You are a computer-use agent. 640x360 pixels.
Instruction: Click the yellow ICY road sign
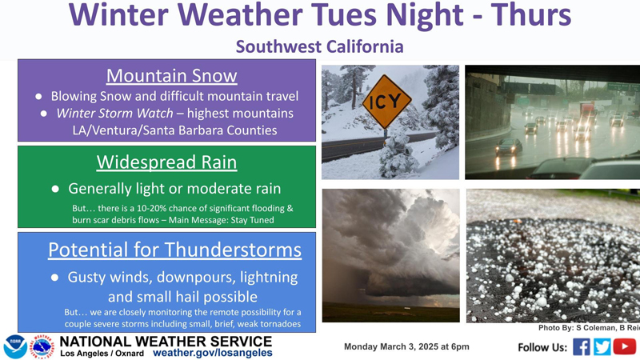point(386,102)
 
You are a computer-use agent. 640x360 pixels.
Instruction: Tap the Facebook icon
point(582,347)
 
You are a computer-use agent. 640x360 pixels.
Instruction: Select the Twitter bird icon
point(602,347)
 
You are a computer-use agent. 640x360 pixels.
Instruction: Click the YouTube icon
point(625,346)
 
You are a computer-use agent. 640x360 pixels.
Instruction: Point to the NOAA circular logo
point(15,347)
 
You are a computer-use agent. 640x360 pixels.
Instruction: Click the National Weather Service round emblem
point(43,347)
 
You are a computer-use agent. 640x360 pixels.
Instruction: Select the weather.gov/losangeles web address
point(212,353)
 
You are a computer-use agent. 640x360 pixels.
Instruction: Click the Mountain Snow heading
point(172,76)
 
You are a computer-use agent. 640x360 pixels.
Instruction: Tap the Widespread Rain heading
point(167,162)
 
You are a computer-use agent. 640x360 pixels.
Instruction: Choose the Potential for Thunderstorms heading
point(174,250)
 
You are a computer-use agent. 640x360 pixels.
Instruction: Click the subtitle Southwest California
point(319,46)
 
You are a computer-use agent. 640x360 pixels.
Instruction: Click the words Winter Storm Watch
point(114,113)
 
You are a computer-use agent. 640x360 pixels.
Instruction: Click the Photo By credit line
point(589,328)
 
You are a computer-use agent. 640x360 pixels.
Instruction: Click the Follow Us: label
point(542,347)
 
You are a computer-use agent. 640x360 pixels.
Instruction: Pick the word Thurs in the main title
point(531,14)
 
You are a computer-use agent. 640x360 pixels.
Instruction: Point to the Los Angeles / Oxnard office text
point(102,354)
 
